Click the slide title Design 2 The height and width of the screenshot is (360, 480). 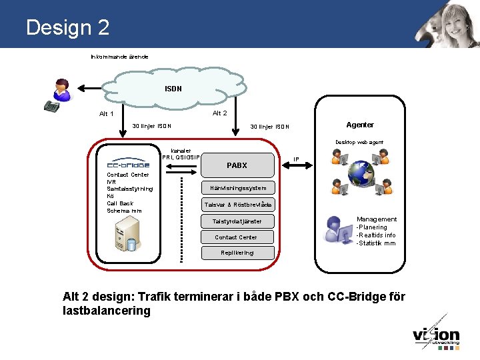(x=67, y=27)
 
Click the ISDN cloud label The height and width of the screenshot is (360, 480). (x=173, y=89)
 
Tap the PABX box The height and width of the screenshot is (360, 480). (x=237, y=165)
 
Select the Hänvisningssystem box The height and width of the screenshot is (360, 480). (x=238, y=188)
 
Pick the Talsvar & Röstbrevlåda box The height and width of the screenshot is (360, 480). (x=238, y=205)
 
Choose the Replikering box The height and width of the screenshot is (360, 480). (x=237, y=253)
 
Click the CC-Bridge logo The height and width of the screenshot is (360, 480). (x=128, y=163)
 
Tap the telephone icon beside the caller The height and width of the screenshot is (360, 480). (x=51, y=105)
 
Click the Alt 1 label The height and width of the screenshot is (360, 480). (x=107, y=114)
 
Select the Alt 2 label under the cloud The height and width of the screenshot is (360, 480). (x=219, y=113)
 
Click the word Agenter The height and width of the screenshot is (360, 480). (x=360, y=125)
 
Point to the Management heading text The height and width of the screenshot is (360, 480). (x=377, y=219)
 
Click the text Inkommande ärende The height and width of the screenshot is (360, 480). (x=119, y=57)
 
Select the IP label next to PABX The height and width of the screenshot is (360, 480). (x=296, y=159)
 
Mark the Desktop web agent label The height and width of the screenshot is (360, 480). (x=359, y=142)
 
